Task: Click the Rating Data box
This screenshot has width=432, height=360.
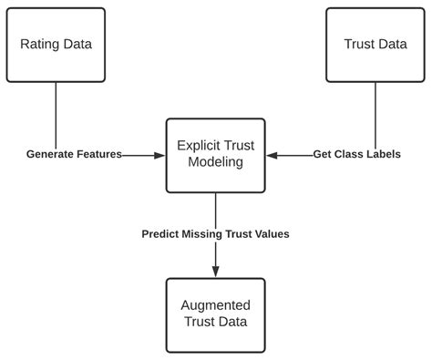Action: click(57, 45)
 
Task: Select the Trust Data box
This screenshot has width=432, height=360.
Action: click(375, 45)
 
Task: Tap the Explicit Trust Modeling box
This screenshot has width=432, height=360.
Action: click(215, 155)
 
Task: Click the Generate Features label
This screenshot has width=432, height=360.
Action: click(74, 155)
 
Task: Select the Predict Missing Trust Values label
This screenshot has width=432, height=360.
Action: click(215, 234)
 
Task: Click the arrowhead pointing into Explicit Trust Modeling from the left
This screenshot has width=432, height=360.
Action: click(159, 155)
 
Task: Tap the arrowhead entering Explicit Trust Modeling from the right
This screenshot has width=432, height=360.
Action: click(272, 155)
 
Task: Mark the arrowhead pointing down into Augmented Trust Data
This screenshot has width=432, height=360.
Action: click(216, 272)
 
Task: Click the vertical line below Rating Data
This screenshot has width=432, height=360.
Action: click(57, 114)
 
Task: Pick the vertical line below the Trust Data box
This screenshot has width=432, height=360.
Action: click(375, 114)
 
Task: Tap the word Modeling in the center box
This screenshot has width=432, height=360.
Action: click(215, 163)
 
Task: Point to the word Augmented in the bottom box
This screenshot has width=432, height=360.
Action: click(215, 305)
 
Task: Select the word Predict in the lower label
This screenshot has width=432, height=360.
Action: click(161, 234)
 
